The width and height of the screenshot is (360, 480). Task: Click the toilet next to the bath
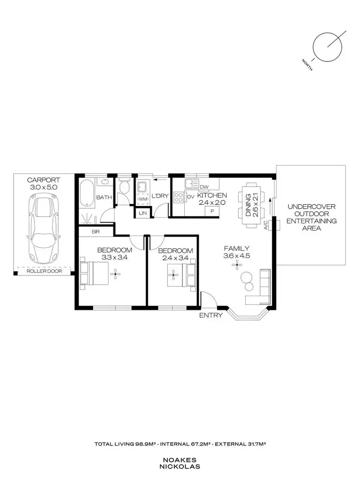124,188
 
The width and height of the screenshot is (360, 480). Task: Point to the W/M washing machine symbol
143,198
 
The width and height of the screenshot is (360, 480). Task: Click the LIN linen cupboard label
143,213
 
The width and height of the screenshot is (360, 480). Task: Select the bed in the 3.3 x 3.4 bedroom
96,274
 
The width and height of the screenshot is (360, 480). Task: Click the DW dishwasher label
204,187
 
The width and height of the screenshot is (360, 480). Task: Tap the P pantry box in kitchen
211,210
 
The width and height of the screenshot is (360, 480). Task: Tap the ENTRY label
211,315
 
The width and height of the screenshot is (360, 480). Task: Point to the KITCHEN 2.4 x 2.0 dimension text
212,199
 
